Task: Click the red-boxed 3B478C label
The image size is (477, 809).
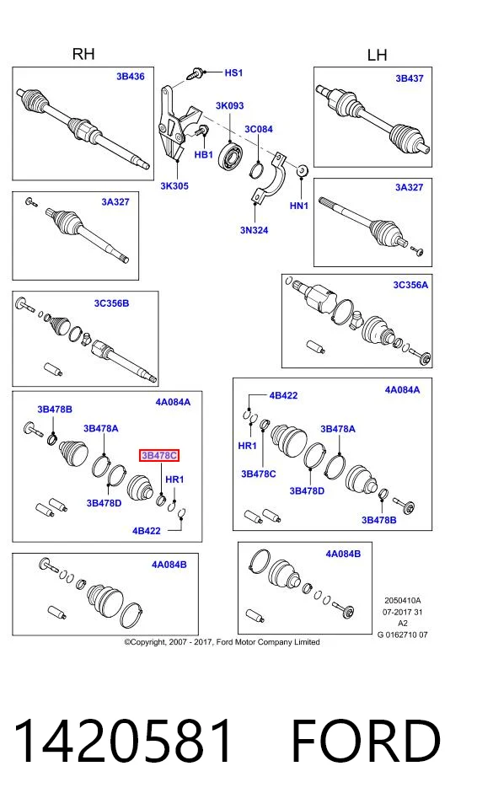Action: tap(160, 456)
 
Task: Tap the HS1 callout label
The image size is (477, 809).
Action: tap(233, 73)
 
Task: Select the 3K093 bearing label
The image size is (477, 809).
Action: tap(230, 105)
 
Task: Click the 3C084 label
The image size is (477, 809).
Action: tap(259, 129)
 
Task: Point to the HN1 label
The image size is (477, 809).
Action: tap(299, 206)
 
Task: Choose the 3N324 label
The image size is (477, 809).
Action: tap(254, 230)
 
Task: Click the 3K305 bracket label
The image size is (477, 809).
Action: tap(174, 185)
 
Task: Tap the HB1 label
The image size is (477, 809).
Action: tap(203, 154)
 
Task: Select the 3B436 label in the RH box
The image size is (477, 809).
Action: tap(130, 77)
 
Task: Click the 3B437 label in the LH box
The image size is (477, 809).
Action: tap(410, 78)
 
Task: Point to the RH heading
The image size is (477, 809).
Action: tap(83, 54)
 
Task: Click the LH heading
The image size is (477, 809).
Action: tap(377, 55)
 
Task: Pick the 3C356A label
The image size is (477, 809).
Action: tap(410, 284)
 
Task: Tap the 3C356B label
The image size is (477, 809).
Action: tap(111, 303)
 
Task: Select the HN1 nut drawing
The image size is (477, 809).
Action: tap(302, 169)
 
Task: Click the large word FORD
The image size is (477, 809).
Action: tap(366, 742)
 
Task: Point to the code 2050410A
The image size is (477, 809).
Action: tap(403, 601)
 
